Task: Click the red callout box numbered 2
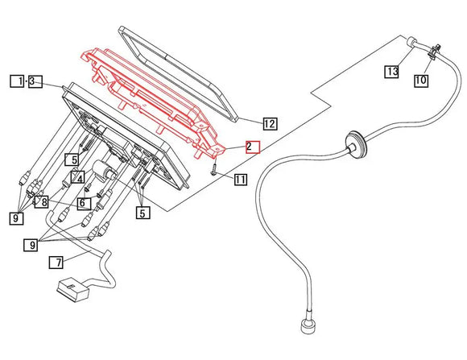coord(253,147)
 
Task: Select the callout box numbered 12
coord(270,123)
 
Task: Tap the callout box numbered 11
coord(241,179)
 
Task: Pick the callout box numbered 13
coord(391,72)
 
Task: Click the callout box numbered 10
coord(421,81)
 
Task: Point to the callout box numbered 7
coord(56,263)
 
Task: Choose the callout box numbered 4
coord(77,178)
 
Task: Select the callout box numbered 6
coord(85,204)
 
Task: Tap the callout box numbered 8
coord(42,202)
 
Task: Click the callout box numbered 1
coord(17,81)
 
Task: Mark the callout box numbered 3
coord(35,81)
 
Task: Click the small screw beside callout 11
coord(214,171)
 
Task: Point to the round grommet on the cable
coord(355,145)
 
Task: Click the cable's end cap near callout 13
coord(411,41)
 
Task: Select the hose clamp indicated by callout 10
coord(434,52)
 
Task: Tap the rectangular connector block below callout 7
coord(73,289)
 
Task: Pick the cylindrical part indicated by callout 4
coord(103,170)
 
